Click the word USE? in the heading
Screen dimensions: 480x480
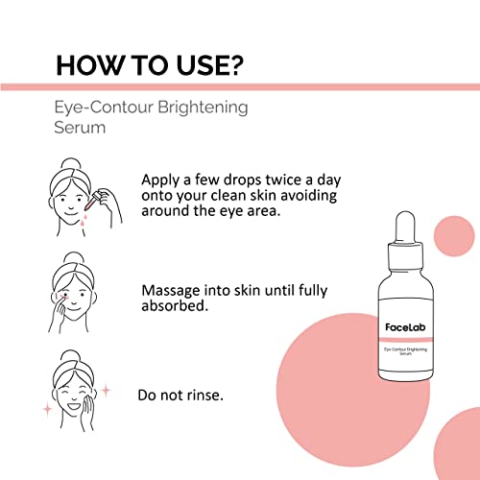(x=210, y=65)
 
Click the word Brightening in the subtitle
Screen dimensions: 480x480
(x=203, y=108)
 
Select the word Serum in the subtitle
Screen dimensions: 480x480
(x=80, y=128)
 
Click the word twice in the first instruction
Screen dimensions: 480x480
(x=283, y=180)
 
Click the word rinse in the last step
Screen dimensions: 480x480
(x=203, y=396)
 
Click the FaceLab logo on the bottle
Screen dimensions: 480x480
(x=405, y=327)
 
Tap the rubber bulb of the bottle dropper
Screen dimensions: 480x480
(x=405, y=228)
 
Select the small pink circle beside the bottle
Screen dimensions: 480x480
(x=454, y=236)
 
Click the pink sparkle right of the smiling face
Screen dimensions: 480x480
(x=106, y=391)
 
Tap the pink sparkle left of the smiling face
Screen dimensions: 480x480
(x=47, y=409)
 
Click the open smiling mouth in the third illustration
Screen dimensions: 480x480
(x=73, y=407)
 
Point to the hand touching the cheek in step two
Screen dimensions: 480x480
(x=58, y=315)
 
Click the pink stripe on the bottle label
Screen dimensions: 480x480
(x=406, y=339)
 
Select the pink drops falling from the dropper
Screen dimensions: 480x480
(x=84, y=218)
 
